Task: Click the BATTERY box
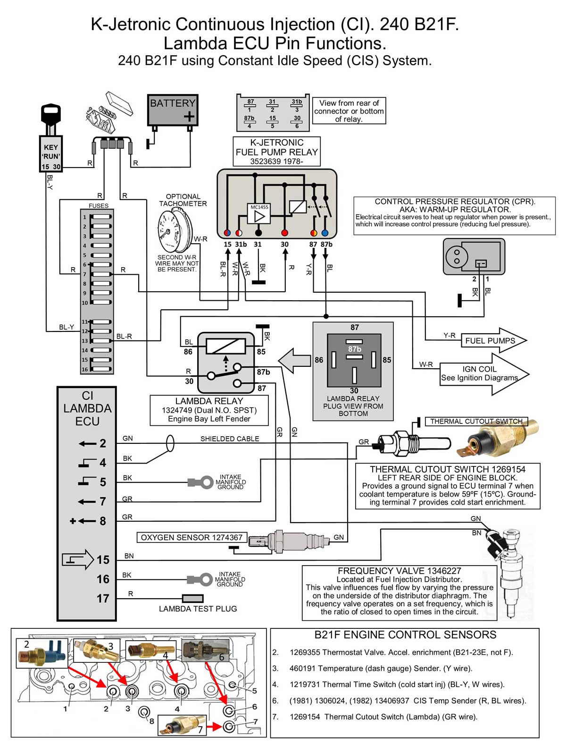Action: coord(173,110)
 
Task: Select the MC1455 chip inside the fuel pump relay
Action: coord(259,214)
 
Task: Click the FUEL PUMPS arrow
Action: coord(493,340)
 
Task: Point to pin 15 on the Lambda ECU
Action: coord(103,560)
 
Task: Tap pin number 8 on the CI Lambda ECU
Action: coord(103,521)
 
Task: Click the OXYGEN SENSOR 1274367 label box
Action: coord(191,537)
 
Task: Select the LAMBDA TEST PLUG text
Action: coord(198,609)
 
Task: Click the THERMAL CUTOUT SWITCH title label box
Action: coord(476,421)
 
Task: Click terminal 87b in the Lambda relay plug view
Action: coord(354,349)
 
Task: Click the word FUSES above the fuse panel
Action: coord(98,206)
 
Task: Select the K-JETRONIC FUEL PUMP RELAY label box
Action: coord(277,152)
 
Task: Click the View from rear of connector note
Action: coord(349,111)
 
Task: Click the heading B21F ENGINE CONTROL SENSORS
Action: coord(405,635)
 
